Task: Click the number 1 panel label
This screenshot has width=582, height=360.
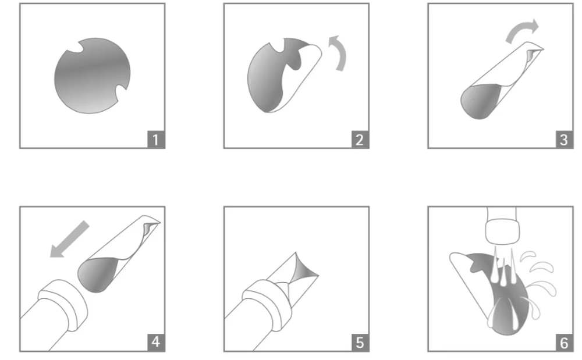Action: click(x=155, y=140)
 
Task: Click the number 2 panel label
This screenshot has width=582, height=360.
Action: click(x=360, y=140)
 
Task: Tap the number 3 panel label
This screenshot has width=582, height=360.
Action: click(x=564, y=140)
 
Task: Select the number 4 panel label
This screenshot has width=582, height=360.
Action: click(x=155, y=342)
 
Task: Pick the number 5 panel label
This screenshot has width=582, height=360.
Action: click(x=360, y=342)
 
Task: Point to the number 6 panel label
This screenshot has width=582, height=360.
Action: click(x=564, y=342)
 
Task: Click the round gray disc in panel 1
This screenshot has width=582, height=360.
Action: click(x=92, y=76)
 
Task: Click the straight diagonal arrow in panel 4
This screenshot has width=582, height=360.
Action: click(x=70, y=239)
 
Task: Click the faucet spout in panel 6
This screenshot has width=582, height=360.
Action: click(x=501, y=226)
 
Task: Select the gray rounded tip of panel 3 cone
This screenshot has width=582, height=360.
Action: click(x=480, y=101)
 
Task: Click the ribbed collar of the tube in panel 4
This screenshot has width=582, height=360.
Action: click(x=63, y=305)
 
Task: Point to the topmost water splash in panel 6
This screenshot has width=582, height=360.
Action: click(x=527, y=255)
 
